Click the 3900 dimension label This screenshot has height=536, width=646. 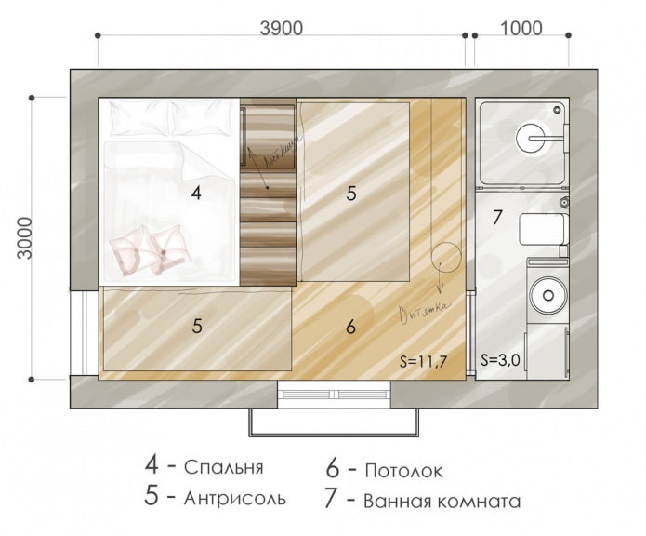point(281,28)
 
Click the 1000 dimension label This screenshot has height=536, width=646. point(521,28)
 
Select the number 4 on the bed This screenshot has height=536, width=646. point(195,194)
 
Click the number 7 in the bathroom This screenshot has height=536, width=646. point(497,218)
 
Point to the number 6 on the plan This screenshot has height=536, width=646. point(350,327)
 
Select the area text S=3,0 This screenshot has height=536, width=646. point(502,360)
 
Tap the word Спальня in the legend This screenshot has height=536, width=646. point(224,467)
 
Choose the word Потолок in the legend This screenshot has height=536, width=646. point(404,470)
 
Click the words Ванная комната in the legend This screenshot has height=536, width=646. point(442,501)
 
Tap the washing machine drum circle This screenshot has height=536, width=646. point(544,297)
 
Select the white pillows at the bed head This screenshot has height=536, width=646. point(170,119)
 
